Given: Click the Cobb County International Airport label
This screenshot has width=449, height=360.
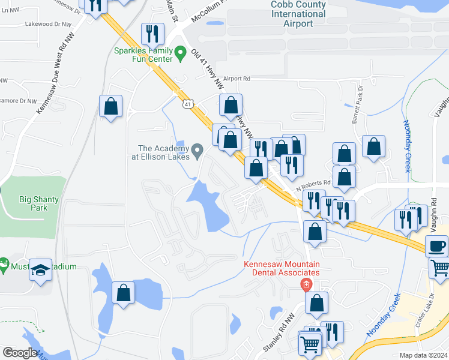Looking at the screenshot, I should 298,14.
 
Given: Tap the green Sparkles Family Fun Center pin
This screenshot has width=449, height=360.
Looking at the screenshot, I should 179,55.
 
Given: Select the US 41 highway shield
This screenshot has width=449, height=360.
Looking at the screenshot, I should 188,104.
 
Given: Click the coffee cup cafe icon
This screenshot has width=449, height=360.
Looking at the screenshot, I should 436,245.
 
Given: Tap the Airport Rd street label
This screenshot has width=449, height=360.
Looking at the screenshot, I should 237,79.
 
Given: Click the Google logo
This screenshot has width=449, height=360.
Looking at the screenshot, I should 20,353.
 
